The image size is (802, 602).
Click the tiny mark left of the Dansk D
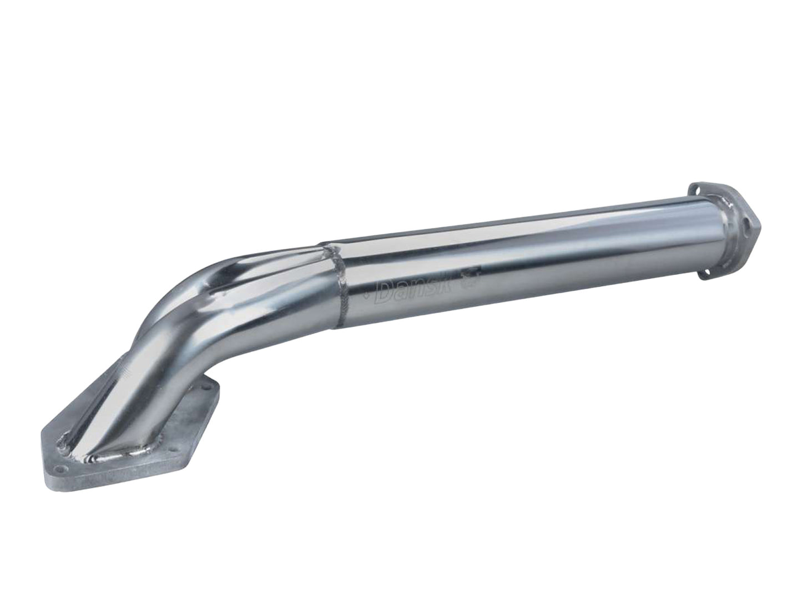371,295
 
